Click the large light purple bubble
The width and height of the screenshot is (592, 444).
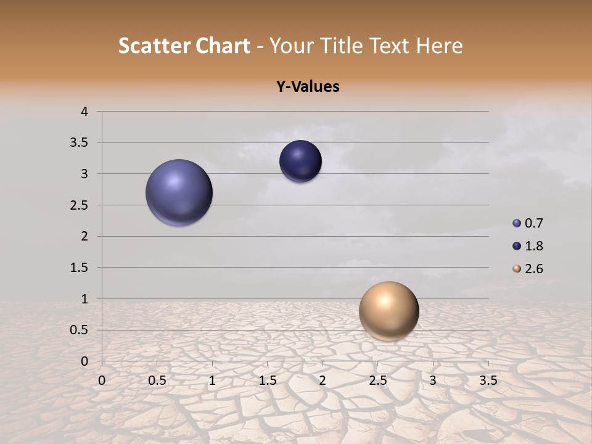(x=179, y=192)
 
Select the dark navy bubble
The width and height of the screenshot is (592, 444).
(x=300, y=162)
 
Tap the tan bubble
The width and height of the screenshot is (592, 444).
(x=388, y=311)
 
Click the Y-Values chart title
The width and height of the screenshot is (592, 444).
(x=307, y=87)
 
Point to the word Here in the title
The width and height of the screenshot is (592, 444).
(x=439, y=46)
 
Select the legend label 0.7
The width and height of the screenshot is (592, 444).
(x=533, y=223)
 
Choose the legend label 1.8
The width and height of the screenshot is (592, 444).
(x=533, y=246)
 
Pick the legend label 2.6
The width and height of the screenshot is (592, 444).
(x=533, y=269)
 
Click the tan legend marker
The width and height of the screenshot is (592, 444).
(x=517, y=269)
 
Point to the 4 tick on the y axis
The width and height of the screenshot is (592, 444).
(x=84, y=112)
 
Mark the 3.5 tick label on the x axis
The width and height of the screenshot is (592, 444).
(x=488, y=380)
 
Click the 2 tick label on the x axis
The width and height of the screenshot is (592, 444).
(x=322, y=380)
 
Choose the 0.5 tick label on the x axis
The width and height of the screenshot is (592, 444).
(x=157, y=380)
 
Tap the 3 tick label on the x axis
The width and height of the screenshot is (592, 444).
(x=433, y=380)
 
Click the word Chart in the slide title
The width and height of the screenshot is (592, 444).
(x=223, y=46)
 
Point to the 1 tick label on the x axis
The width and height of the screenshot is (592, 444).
(x=212, y=380)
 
